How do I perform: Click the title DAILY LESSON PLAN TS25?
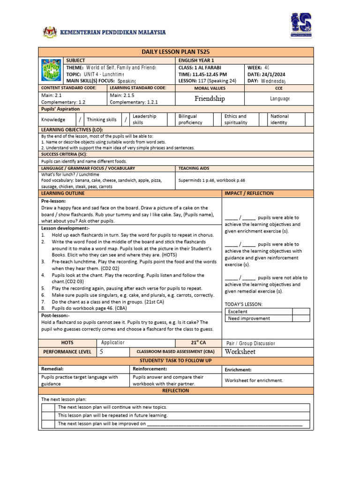pos(176,51)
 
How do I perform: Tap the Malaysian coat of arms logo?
pos(49,32)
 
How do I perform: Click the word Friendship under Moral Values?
pos(210,98)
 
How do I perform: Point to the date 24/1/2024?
pos(266,74)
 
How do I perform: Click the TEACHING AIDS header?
pos(193,168)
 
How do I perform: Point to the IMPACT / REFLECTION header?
pos(249,193)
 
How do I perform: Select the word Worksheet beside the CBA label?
pos(240,352)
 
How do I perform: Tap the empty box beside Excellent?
pos(301,311)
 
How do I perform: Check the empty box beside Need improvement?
pos(301,318)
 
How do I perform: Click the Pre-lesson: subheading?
pos(53,201)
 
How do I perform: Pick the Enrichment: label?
pos(238,370)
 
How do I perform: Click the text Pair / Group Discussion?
pos(251,343)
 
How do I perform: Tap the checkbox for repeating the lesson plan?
pos(48,415)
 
